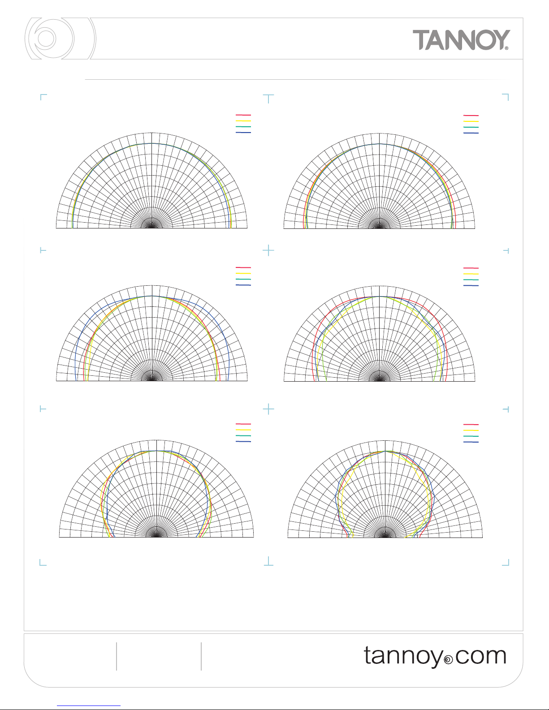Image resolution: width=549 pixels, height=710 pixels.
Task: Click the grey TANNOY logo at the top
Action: [461, 40]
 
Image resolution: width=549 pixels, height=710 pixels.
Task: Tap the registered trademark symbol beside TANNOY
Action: [506, 48]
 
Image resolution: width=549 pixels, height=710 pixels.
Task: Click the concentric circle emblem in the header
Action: [61, 39]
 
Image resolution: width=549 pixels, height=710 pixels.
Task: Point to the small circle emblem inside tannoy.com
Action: [449, 660]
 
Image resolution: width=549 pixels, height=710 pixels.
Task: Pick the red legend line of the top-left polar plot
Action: [243, 115]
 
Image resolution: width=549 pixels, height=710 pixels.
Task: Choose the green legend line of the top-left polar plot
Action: [243, 127]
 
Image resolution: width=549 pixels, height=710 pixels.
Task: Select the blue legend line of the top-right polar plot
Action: [471, 133]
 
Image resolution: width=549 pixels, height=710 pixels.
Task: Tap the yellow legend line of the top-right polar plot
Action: [471, 121]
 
